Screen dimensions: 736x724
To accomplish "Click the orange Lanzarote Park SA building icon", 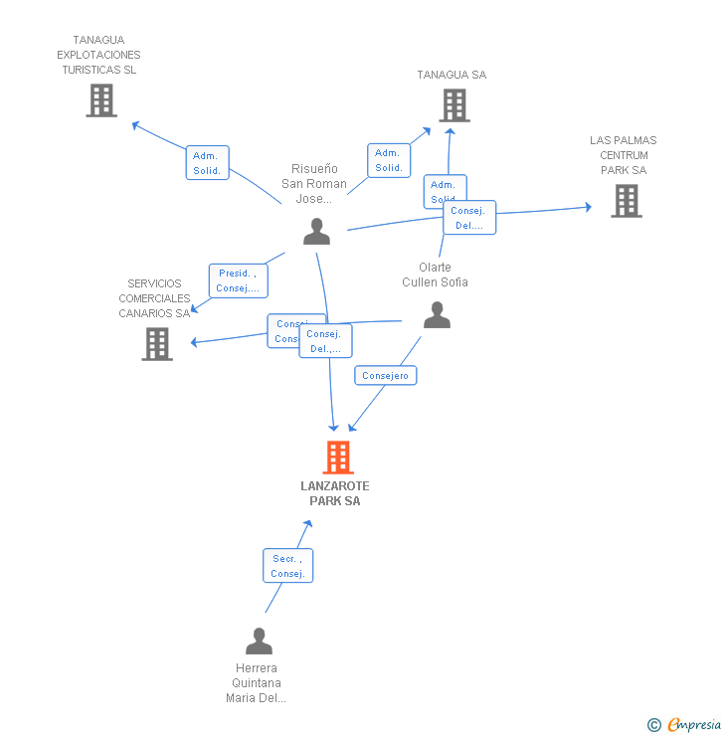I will (x=338, y=458).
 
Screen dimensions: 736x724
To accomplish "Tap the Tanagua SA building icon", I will (x=453, y=104).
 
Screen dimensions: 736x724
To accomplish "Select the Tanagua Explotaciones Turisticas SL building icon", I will (x=100, y=100).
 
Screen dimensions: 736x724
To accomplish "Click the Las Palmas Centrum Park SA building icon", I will (x=626, y=201).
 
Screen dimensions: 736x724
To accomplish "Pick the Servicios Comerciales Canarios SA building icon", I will (x=157, y=343).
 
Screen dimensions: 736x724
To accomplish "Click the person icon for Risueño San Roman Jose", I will (x=316, y=232).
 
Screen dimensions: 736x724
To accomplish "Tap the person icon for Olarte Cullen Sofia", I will (x=437, y=315).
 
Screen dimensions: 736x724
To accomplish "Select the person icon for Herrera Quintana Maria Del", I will (x=259, y=642).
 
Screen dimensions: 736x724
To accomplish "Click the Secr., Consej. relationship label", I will (x=287, y=566).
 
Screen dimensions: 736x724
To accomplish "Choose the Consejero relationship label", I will (x=386, y=375).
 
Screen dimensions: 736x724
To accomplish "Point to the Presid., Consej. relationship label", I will (x=238, y=281).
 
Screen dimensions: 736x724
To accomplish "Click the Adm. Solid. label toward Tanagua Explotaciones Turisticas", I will (x=207, y=163).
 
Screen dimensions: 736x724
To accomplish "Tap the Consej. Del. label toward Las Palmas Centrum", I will (x=469, y=218).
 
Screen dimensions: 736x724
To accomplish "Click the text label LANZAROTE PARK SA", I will (x=335, y=493).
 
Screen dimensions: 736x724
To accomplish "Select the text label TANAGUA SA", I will (x=452, y=75).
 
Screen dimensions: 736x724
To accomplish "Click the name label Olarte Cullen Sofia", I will (x=435, y=275).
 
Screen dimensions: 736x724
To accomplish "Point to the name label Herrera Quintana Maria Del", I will (x=256, y=682).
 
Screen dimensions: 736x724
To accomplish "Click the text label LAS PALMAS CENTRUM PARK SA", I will (x=624, y=155).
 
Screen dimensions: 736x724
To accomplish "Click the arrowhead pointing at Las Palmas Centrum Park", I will (x=588, y=207).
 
